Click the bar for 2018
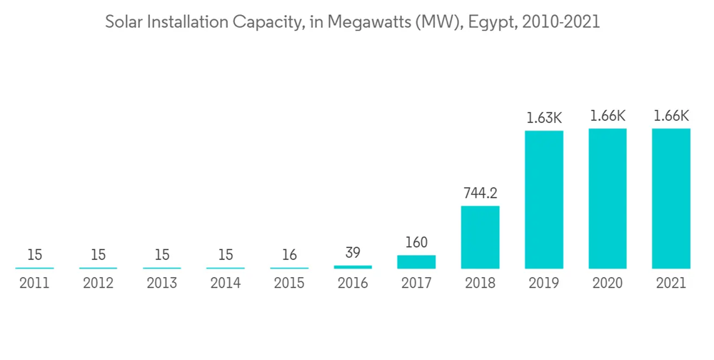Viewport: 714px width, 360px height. click(x=480, y=237)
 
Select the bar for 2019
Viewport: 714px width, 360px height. click(x=544, y=199)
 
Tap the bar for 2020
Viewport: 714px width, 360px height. click(x=608, y=199)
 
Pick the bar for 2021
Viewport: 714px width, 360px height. click(x=671, y=199)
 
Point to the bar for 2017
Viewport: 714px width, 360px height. click(x=416, y=261)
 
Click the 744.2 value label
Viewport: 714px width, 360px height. click(x=480, y=193)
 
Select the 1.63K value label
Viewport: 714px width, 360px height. click(x=544, y=118)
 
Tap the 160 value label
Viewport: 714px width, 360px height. click(x=416, y=242)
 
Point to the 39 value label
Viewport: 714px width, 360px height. click(x=353, y=252)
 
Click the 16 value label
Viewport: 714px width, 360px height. click(x=289, y=255)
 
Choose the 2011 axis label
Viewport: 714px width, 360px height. click(x=34, y=284)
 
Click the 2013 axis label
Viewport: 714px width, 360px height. click(x=162, y=284)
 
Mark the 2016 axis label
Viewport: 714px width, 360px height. click(x=353, y=284)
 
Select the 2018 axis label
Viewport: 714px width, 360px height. click(x=480, y=284)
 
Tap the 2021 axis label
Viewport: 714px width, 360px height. click(x=671, y=284)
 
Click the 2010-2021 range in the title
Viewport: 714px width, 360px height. click(x=561, y=22)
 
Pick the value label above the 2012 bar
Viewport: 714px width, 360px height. click(x=99, y=255)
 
